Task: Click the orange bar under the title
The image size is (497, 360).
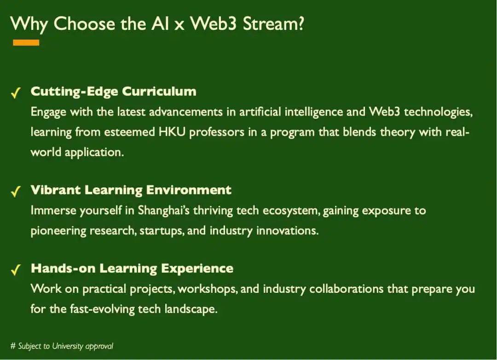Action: [26, 43]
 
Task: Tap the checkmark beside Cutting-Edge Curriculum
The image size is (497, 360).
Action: [16, 93]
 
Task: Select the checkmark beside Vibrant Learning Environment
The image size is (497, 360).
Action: [16, 192]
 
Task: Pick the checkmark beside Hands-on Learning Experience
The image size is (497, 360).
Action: [16, 270]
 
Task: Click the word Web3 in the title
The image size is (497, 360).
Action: [214, 24]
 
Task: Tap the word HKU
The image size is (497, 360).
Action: [172, 132]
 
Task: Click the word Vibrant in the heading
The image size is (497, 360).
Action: [56, 190]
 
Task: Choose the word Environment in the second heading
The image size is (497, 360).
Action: [189, 190]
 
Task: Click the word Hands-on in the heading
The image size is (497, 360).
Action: [63, 268]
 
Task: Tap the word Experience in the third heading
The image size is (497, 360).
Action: [197, 269]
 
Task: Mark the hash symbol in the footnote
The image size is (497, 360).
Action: [13, 346]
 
